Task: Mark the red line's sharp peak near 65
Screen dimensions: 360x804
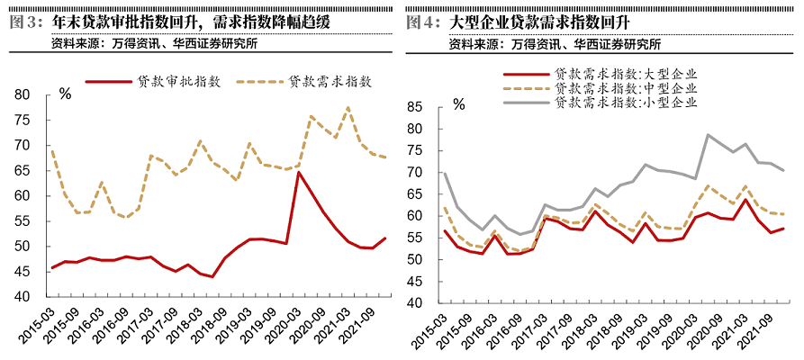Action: click(x=298, y=172)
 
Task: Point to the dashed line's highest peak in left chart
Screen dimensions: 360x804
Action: click(x=348, y=108)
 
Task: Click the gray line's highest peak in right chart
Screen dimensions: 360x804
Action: click(x=709, y=135)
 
